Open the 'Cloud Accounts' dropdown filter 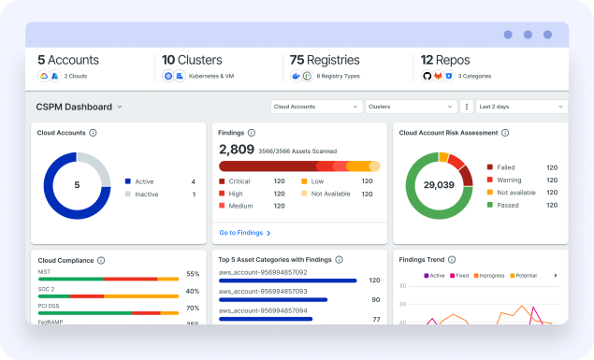(x=316, y=107)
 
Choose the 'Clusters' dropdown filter (x=410, y=107)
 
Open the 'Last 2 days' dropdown (x=520, y=107)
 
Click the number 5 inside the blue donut (x=77, y=185)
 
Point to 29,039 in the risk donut (x=438, y=185)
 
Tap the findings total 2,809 (x=236, y=149)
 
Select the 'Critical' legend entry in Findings (x=240, y=181)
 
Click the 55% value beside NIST (x=193, y=274)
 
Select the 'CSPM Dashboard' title (x=74, y=107)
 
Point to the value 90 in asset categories (x=375, y=299)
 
